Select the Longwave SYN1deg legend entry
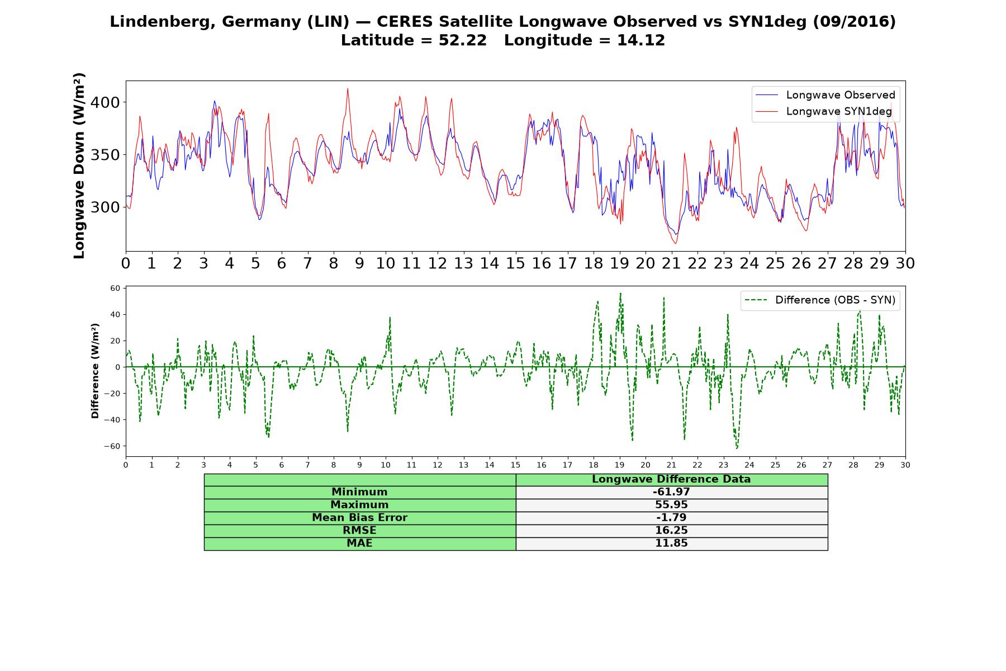pos(823,111)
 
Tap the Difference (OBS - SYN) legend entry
pos(820,300)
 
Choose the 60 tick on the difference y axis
pos(116,289)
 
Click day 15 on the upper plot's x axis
pos(515,263)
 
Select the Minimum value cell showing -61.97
pos(671,492)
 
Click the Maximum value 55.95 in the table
pos(671,505)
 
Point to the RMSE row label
pos(359,531)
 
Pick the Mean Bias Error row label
pos(359,518)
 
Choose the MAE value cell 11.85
pos(671,544)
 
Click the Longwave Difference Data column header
pos(671,479)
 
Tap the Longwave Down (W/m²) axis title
pos(79,166)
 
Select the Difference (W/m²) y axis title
pos(95,371)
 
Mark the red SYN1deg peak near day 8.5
pos(348,88)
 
